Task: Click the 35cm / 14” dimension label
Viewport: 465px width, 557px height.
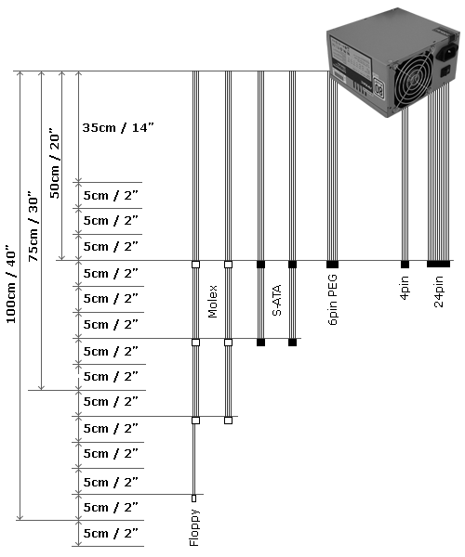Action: click(118, 127)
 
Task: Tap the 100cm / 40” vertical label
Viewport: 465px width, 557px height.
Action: click(11, 284)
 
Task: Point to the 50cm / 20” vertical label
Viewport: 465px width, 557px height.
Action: click(54, 163)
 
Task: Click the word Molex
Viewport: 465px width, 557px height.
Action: click(212, 301)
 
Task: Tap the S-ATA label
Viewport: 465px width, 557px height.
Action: click(276, 300)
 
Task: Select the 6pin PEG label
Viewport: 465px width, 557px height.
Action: click(332, 300)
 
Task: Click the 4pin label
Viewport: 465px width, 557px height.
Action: click(405, 288)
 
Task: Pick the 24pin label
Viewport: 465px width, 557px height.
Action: click(439, 291)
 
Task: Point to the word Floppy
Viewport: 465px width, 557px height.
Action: click(194, 527)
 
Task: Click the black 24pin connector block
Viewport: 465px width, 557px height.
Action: click(438, 264)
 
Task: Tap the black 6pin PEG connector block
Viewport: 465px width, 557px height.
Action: click(332, 265)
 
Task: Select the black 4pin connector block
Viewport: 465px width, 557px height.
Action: click(405, 265)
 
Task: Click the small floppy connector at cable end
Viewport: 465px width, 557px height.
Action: click(193, 499)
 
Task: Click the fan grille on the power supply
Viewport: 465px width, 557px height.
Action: click(414, 79)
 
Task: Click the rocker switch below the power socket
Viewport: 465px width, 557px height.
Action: click(445, 71)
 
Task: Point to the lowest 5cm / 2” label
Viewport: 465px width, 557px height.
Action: click(111, 533)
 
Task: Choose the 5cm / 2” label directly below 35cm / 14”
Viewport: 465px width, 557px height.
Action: click(111, 195)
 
